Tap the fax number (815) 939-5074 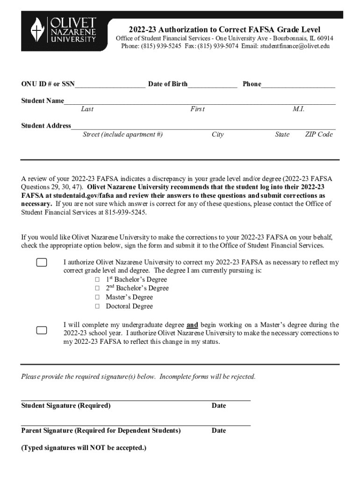pos(218,46)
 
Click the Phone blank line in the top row pos(298,84)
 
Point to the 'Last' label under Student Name pos(87,109)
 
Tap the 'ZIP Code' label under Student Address pos(319,135)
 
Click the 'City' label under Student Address pos(217,135)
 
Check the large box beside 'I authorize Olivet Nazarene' pos(42,262)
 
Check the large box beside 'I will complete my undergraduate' pos(42,330)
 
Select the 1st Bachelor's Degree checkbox pos(97,279)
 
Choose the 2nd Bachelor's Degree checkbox pos(97,288)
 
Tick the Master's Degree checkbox pos(97,297)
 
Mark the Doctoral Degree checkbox pos(97,306)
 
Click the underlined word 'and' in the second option pos(192,325)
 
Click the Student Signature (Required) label pos(66,406)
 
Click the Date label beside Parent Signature pos(218,430)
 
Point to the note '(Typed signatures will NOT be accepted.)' pos(84,448)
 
